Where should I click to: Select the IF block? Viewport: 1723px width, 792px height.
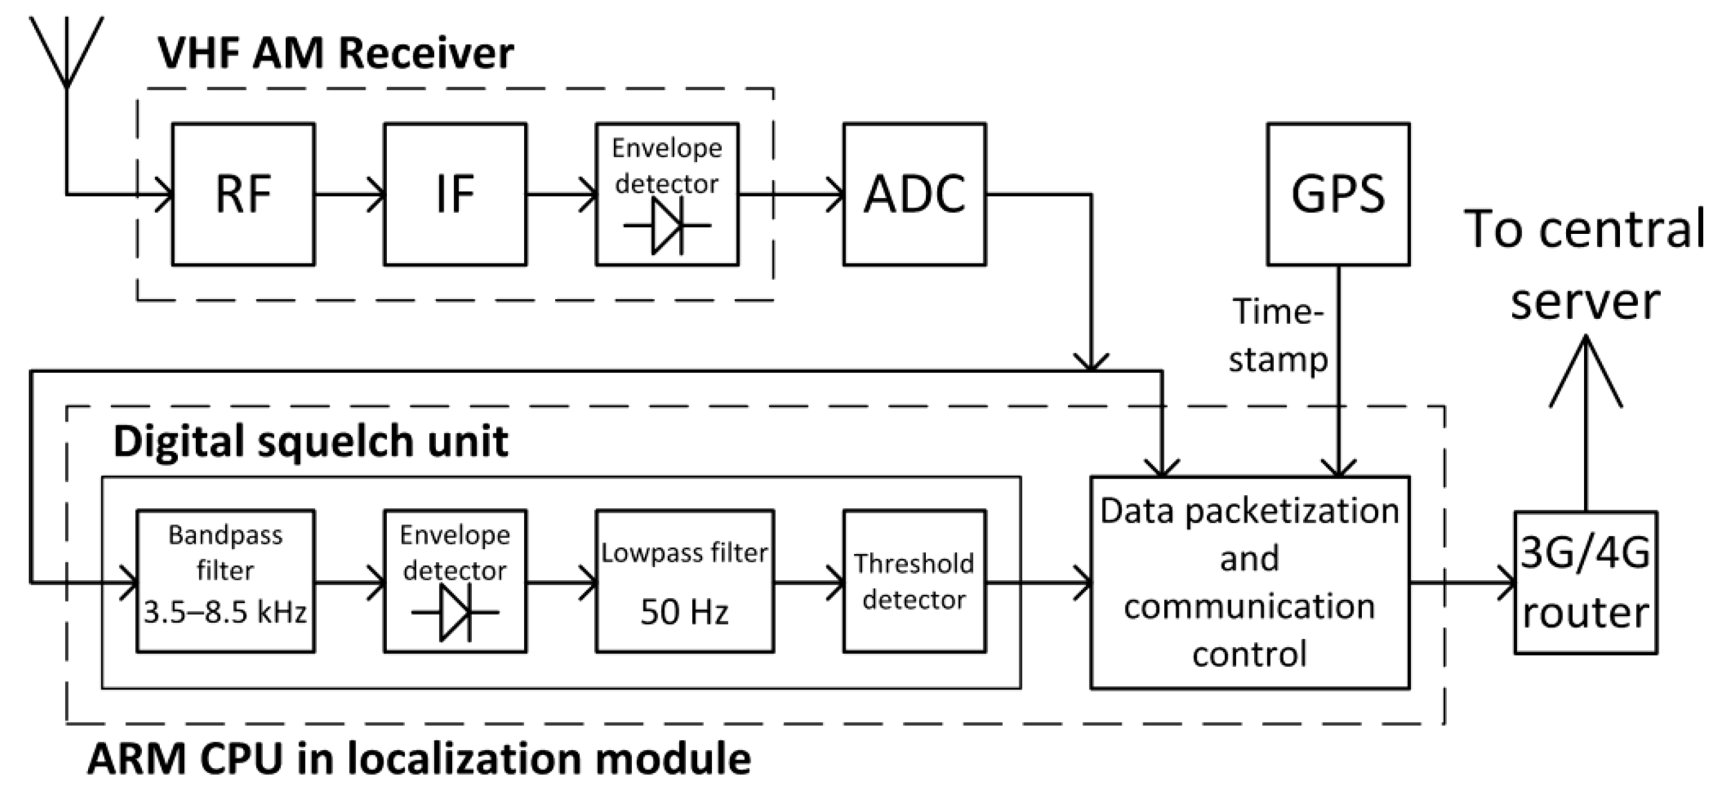coord(455,194)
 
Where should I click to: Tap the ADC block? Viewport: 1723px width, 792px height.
coord(914,194)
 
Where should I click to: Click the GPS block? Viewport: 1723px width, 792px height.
coord(1338,194)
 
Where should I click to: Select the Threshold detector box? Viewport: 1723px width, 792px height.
coord(914,581)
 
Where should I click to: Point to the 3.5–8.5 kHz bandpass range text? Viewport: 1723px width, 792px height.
coord(225,612)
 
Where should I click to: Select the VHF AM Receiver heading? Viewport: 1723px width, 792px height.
coord(336,53)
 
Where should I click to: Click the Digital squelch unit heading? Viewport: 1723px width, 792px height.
coord(311,441)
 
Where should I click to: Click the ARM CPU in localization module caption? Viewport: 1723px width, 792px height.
coord(419,759)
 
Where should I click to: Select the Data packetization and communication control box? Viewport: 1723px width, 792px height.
coord(1249,581)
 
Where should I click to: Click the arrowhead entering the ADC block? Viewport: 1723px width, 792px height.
coord(836,194)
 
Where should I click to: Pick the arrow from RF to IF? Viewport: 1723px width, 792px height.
coord(349,194)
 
